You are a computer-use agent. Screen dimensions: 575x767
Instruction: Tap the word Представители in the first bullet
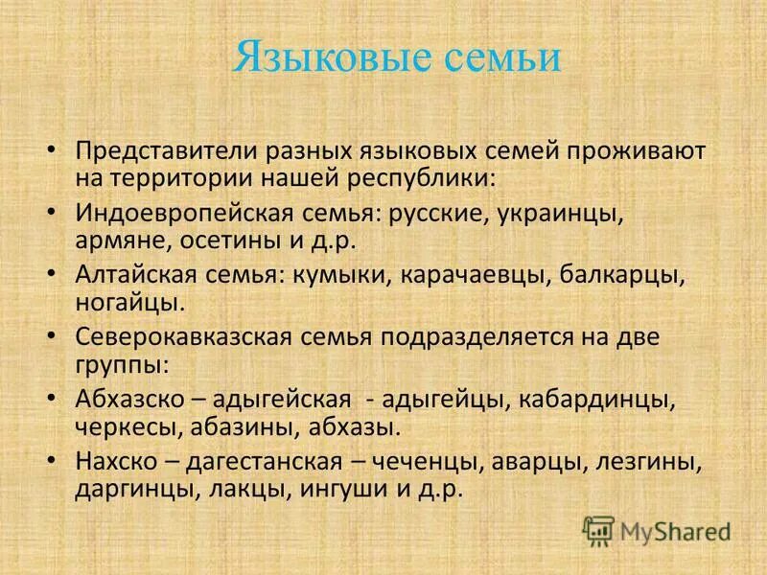click(161, 150)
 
